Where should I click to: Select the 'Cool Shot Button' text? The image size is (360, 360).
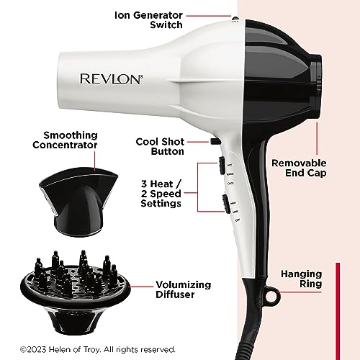pyautogui.click(x=161, y=146)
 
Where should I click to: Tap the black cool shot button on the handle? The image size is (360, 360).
pyautogui.click(x=215, y=142)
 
